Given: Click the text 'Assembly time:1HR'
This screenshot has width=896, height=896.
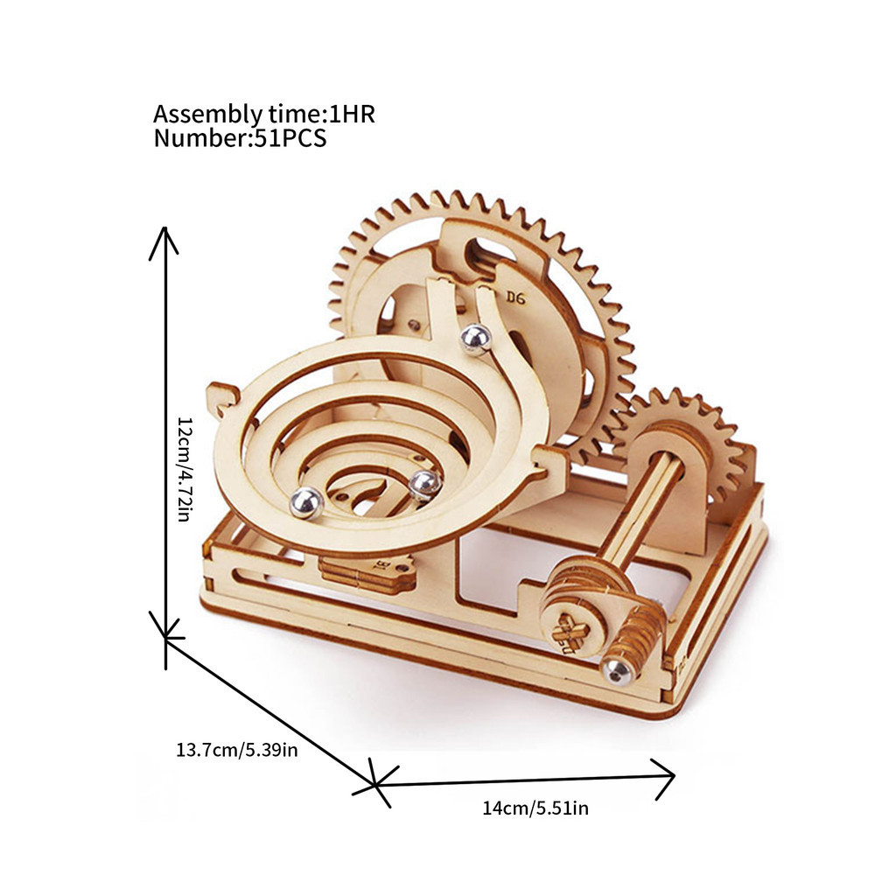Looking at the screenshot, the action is pos(264,115).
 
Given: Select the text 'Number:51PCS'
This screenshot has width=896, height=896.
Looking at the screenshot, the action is pos(240,138).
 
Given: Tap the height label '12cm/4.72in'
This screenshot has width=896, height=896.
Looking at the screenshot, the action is pos(185,469).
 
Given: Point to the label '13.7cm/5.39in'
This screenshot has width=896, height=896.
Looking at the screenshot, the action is pos(236,749).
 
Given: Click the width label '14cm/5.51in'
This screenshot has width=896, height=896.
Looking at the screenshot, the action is pos(535,808).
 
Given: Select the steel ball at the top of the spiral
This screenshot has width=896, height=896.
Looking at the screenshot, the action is pos(476,339).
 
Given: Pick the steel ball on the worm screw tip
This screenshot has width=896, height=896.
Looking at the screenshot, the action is pos(618,670).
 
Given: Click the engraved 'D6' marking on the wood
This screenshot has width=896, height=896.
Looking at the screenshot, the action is pos(515,297).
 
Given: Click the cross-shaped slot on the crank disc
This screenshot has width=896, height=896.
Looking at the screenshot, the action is pos(573,632).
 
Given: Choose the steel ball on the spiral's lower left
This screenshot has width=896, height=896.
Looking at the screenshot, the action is pos(306,503).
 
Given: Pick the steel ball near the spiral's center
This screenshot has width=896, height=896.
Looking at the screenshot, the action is pos(425,485).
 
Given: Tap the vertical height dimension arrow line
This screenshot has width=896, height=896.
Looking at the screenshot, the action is pos(165,448).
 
